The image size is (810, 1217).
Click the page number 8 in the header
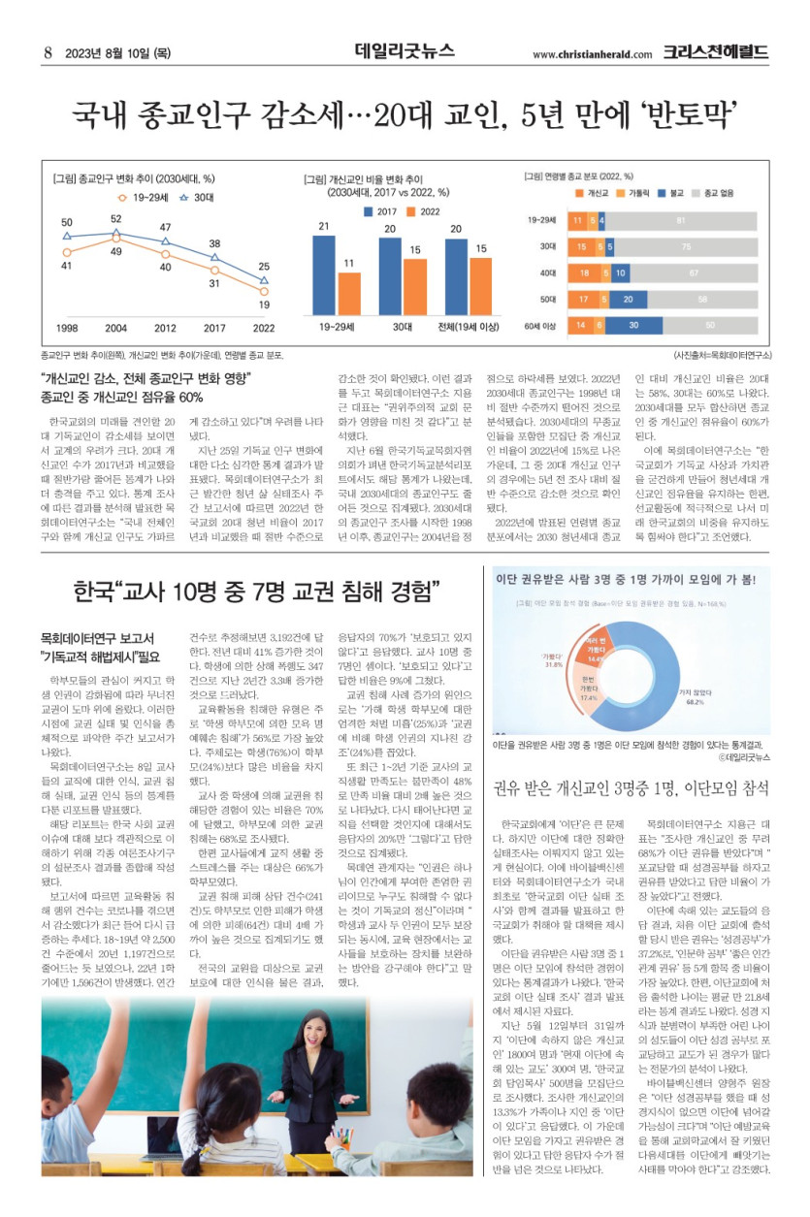[47, 52]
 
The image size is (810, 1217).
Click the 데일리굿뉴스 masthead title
[405, 50]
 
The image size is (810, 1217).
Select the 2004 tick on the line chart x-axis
[116, 328]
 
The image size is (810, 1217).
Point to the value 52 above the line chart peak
[116, 219]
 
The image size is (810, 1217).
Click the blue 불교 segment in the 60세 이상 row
[633, 325]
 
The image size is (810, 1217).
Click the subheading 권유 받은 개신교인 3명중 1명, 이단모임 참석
[632, 786]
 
